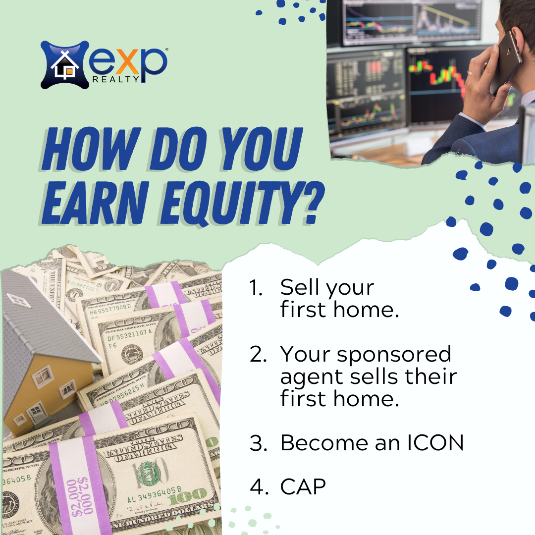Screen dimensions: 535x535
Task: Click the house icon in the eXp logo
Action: click(x=65, y=65)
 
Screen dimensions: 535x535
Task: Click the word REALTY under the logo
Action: click(x=115, y=79)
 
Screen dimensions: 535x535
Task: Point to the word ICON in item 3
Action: click(x=435, y=442)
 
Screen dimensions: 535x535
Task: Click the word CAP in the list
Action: click(x=303, y=486)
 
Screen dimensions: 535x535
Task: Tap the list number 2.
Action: click(x=258, y=354)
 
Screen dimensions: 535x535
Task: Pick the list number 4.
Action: click(x=259, y=486)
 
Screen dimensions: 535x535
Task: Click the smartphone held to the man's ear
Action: click(x=506, y=62)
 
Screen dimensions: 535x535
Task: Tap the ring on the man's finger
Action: click(x=470, y=73)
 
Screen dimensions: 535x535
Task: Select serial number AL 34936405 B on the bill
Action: click(x=154, y=495)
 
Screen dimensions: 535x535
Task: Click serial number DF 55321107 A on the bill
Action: click(x=129, y=335)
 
